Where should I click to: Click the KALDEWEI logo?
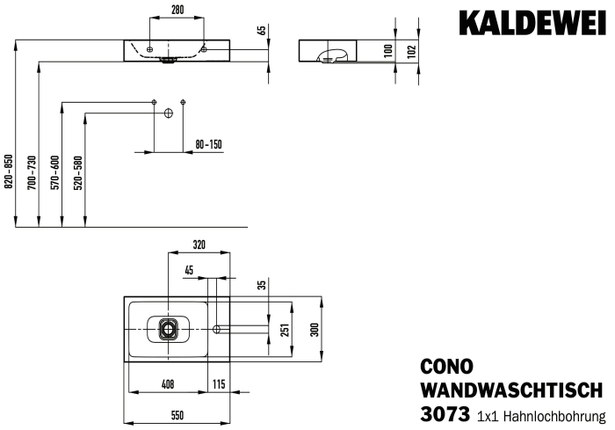(532, 24)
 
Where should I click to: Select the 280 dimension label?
(177, 10)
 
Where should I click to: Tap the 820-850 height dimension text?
(9, 171)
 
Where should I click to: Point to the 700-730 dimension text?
(33, 172)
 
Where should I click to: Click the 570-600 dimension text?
(55, 172)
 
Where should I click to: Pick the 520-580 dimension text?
(78, 172)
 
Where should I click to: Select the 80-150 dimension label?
(209, 144)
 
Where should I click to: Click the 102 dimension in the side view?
(411, 52)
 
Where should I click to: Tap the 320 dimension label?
(199, 245)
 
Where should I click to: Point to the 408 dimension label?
(168, 384)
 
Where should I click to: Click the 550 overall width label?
(177, 415)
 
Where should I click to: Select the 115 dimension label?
(219, 384)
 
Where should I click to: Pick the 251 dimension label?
(286, 330)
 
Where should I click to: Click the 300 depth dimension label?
(315, 330)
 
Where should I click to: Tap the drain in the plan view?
(169, 329)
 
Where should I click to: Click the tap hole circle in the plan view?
(216, 328)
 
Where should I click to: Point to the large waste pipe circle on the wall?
(169, 113)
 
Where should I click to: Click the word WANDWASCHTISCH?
(511, 390)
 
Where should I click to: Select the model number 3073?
(445, 414)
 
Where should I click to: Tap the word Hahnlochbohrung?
(554, 416)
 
